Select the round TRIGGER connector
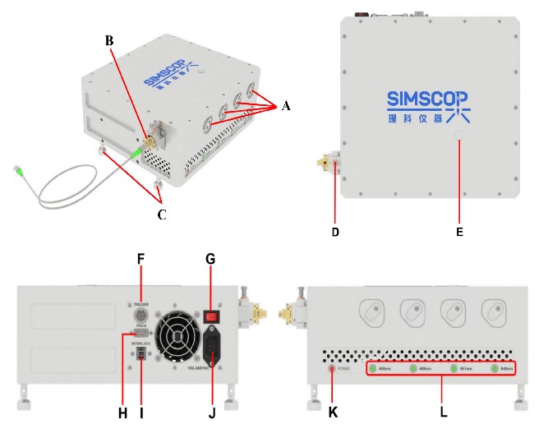141,315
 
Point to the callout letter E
459,233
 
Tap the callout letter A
285,105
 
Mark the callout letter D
334,233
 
